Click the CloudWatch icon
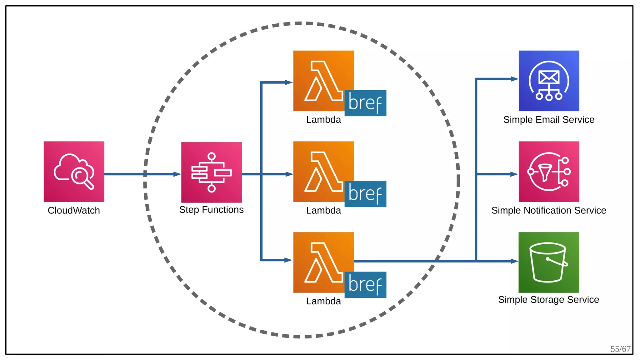pos(74,171)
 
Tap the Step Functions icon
pos(211,172)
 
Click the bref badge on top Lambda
pos(365,103)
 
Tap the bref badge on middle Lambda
pos(365,194)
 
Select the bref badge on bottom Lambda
pos(365,285)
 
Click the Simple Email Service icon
pos(549,81)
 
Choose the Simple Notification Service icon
pos(549,171)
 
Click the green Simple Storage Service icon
pos(548,262)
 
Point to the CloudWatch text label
pos(74,210)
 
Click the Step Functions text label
pos(211,210)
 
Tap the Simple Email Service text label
pos(549,120)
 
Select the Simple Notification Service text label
pos(548,210)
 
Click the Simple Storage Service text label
pos(548,299)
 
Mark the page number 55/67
pos(620,349)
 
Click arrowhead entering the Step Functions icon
pos(177,174)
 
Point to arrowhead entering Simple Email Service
pos(514,79)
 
